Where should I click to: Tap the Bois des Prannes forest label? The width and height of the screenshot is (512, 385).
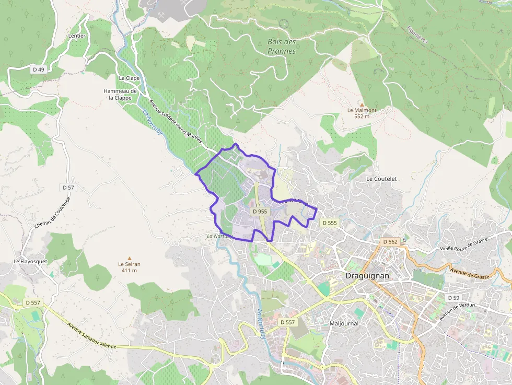(x=282, y=46)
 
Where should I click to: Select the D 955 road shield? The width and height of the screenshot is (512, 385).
(x=260, y=212)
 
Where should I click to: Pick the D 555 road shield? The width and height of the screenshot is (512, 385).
(x=330, y=223)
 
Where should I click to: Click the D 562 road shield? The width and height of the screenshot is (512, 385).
(x=390, y=242)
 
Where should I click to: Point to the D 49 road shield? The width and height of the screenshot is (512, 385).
(x=39, y=69)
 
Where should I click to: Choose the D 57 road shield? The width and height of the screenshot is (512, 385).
(x=68, y=187)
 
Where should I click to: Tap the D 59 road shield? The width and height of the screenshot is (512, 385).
(x=453, y=297)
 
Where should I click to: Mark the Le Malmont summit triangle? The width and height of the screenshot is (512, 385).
(x=362, y=104)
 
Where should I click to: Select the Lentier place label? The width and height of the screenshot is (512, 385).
(x=77, y=36)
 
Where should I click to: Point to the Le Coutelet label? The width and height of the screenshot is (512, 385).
(x=381, y=179)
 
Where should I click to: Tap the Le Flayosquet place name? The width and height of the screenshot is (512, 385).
(x=30, y=261)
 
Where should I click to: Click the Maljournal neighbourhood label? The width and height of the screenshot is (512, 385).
(x=344, y=323)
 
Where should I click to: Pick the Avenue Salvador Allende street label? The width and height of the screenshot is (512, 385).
(x=91, y=335)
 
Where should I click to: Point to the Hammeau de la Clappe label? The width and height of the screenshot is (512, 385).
(x=120, y=94)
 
